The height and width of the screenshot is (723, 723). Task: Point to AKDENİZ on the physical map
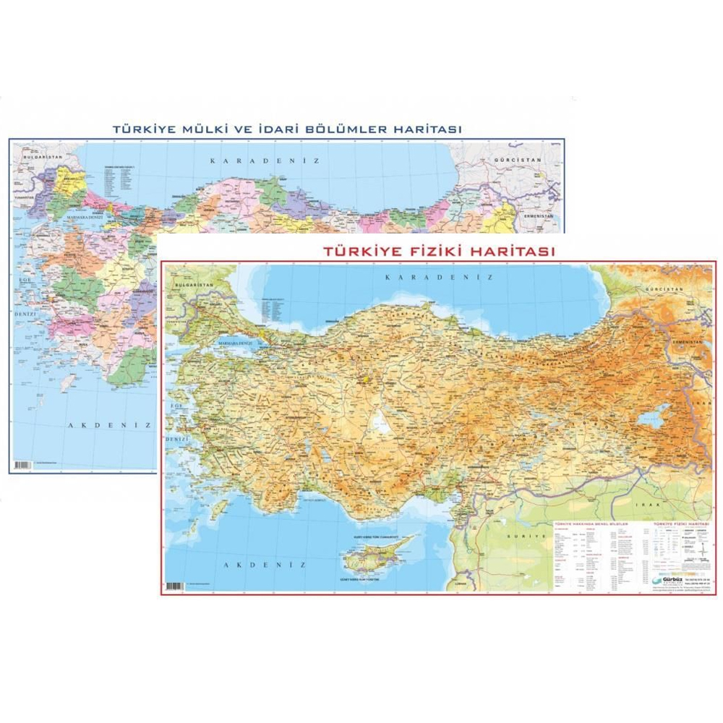pyautogui.click(x=257, y=564)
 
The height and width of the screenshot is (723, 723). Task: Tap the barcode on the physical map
pyautogui.click(x=174, y=586)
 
